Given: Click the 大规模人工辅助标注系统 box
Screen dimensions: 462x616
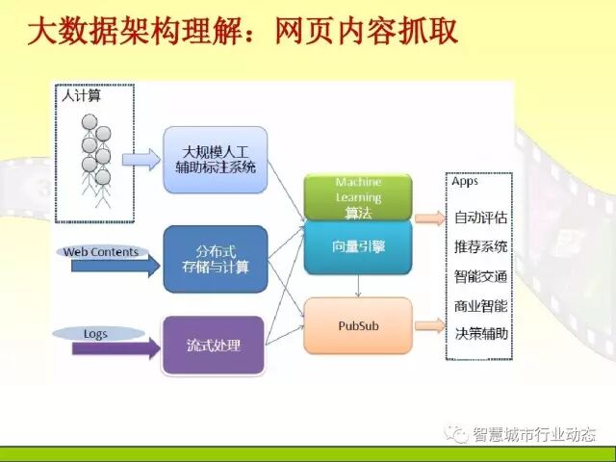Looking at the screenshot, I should coord(215,160).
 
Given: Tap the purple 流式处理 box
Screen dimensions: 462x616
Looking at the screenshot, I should coord(215,345).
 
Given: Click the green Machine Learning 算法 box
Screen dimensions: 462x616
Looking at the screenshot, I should coord(358,197).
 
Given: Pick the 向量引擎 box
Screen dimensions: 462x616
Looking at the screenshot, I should coord(358,247).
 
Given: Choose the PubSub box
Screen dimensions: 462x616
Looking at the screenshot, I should coord(358,325).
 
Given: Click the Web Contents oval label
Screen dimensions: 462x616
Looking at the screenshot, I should coord(101,252).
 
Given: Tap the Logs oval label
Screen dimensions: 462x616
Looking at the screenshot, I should coord(95,334).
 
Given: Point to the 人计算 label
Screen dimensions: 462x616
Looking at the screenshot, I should coord(81,95).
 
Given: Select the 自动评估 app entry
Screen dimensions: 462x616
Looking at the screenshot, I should coord(480,218).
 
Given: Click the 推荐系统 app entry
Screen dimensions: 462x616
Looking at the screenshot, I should coord(480,247).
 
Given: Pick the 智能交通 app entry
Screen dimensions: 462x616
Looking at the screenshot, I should coord(480,277).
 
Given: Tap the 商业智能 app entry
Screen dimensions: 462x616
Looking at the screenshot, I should coord(480,306).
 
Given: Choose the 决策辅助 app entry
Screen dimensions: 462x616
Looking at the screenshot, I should coord(480,334).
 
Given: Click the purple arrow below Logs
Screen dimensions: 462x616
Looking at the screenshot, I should coord(115,348).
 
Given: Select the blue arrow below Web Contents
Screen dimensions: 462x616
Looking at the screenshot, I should coord(115,267).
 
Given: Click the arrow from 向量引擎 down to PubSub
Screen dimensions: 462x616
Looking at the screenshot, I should coord(358,286).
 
